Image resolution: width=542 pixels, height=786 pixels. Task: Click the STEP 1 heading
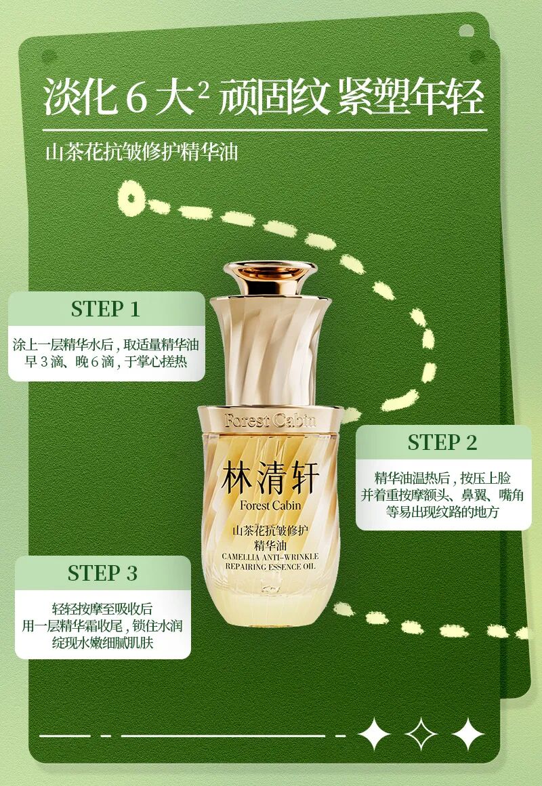(x=105, y=309)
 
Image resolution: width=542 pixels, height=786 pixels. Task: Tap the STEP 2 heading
(x=442, y=442)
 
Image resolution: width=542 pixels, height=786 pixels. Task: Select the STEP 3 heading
(x=102, y=573)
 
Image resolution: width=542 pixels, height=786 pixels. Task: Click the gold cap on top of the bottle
(x=270, y=278)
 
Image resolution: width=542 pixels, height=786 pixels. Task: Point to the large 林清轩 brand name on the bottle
(x=270, y=478)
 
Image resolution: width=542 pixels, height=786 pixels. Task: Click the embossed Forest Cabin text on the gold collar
(x=270, y=420)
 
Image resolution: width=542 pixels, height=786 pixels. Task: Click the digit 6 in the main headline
(x=135, y=98)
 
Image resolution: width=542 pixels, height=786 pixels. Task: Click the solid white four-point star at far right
(x=467, y=735)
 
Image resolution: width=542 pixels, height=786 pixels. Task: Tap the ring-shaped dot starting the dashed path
(x=131, y=198)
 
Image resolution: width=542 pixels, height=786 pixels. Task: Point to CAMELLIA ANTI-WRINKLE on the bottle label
(x=270, y=556)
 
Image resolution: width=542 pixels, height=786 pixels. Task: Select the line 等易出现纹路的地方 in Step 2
(x=442, y=512)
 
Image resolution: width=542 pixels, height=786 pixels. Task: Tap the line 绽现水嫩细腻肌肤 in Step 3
(x=103, y=642)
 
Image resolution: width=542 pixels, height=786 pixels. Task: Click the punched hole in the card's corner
(x=466, y=31)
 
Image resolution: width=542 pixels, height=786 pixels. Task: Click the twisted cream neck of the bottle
(x=270, y=351)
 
